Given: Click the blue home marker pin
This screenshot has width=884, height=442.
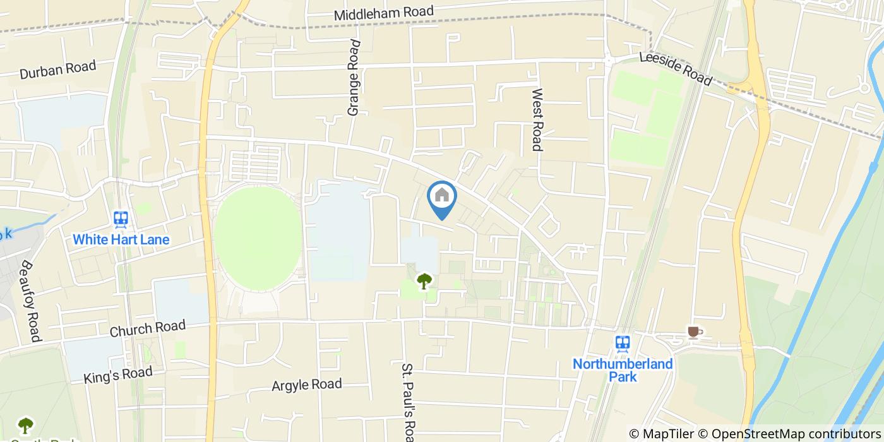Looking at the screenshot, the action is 442,198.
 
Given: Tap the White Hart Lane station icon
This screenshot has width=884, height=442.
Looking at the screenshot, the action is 121,219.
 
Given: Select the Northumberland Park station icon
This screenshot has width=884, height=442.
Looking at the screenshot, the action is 623,343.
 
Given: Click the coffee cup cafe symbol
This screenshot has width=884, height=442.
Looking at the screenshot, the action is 693,332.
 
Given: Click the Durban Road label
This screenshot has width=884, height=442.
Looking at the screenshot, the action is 57,69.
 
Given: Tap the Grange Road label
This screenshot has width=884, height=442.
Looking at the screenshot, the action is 354,78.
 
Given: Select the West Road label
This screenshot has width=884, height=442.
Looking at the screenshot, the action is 537,119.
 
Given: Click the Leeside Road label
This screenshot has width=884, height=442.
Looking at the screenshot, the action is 675,68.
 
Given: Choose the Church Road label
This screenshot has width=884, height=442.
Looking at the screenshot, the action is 148,328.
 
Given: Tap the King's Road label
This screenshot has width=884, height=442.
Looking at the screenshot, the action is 118,374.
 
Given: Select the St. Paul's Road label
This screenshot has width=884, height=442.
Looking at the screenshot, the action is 409,402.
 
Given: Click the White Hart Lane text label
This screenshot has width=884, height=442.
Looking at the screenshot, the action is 121,240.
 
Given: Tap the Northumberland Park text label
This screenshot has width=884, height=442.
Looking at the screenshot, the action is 623,370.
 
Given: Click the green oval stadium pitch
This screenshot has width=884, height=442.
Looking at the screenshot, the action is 257,238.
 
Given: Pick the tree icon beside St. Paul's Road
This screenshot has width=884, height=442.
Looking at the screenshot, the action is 424,280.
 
